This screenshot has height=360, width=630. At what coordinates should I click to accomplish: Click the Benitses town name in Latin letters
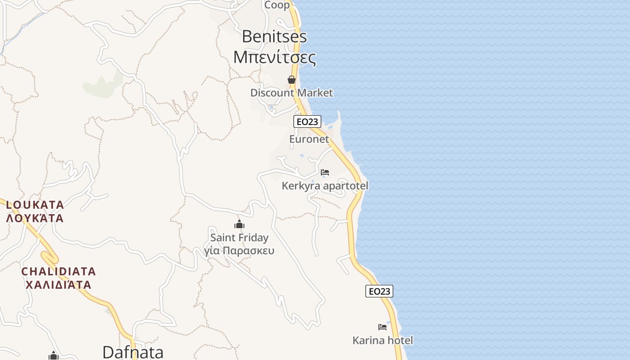pos(274,36)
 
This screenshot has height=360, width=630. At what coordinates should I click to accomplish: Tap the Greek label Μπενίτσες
pos(274,57)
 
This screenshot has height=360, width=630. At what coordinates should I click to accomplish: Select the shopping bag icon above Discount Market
pos(292,80)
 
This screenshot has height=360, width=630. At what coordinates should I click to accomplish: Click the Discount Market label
pos(292,93)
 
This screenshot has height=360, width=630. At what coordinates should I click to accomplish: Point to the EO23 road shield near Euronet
pos(307,121)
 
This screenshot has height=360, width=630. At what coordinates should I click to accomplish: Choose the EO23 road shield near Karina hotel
pos(379,291)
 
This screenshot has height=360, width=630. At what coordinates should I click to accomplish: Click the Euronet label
pos(309,139)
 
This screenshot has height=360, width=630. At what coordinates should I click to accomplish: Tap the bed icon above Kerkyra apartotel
pos(325,172)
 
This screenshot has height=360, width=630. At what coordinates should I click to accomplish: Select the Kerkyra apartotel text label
pos(325,185)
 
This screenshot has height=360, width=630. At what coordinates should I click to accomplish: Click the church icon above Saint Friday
pos(239,224)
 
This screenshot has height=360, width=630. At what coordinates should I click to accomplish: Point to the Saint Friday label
pos(239,238)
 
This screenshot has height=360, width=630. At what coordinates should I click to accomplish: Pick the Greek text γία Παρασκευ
pos(239,251)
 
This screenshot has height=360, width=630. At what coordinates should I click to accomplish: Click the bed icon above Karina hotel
pos(382,327)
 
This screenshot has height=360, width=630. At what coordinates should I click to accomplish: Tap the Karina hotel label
pos(382,340)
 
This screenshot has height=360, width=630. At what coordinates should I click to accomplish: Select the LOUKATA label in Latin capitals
pos(35,205)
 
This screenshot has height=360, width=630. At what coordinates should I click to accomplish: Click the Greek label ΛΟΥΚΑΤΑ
pos(35,219)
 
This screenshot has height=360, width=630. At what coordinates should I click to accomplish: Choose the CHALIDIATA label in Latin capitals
pos(59,272)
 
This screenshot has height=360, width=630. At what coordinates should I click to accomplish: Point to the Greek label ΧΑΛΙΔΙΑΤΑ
pos(59,285)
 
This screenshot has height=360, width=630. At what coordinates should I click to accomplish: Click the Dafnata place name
pos(133,352)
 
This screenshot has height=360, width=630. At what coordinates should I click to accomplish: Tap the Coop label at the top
pos(277,5)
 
